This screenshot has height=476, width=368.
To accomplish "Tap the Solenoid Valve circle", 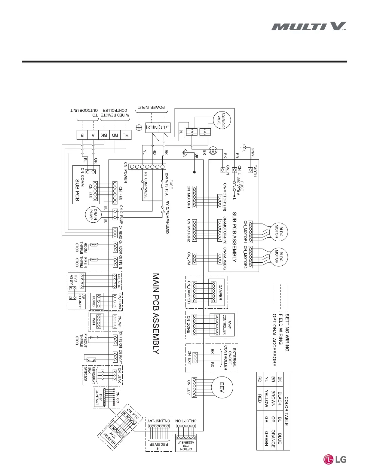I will (x=222, y=120).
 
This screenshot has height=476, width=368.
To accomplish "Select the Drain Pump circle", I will (x=93, y=214).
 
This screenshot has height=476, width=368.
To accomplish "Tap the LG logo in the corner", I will (x=335, y=459).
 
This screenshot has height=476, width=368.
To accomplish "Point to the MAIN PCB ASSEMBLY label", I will (x=156, y=313).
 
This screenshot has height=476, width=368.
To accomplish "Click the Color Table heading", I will (x=286, y=411).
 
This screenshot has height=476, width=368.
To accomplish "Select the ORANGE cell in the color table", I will (x=273, y=438).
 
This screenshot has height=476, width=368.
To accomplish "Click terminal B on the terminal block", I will (x=82, y=135).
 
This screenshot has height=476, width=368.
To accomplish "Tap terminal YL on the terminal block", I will (x=126, y=135).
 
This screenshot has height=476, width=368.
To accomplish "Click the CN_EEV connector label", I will (x=189, y=387).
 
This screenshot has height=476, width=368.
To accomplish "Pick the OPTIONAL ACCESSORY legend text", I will (x=274, y=338).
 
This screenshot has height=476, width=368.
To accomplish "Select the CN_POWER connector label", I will (x=126, y=172).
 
